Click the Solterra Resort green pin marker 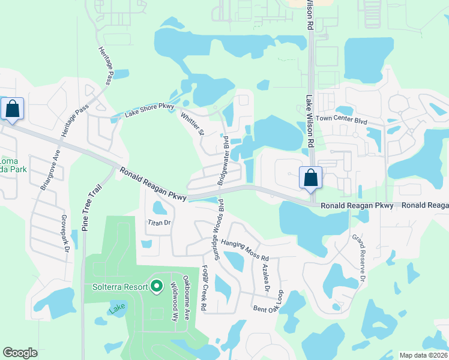tap(157, 286)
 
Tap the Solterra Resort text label tap(120, 287)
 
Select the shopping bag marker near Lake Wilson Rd tap(310, 178)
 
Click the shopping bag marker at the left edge tap(11, 109)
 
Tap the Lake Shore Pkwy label tap(148, 110)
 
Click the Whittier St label tap(194, 123)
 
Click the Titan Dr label tap(160, 223)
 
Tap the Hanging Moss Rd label tap(244, 250)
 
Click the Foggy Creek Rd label tap(204, 288)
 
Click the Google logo tap(20, 353)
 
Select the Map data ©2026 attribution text tap(423, 355)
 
